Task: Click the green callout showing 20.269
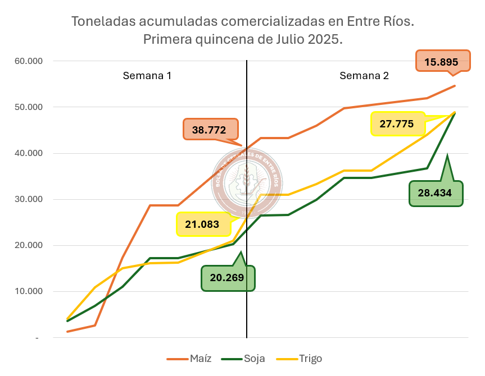pos(228,278)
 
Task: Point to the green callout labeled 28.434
pos(436,193)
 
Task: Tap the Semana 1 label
pos(147,76)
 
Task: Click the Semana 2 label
pos(364,76)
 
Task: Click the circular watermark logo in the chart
pos(247,178)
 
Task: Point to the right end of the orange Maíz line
pos(454,86)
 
